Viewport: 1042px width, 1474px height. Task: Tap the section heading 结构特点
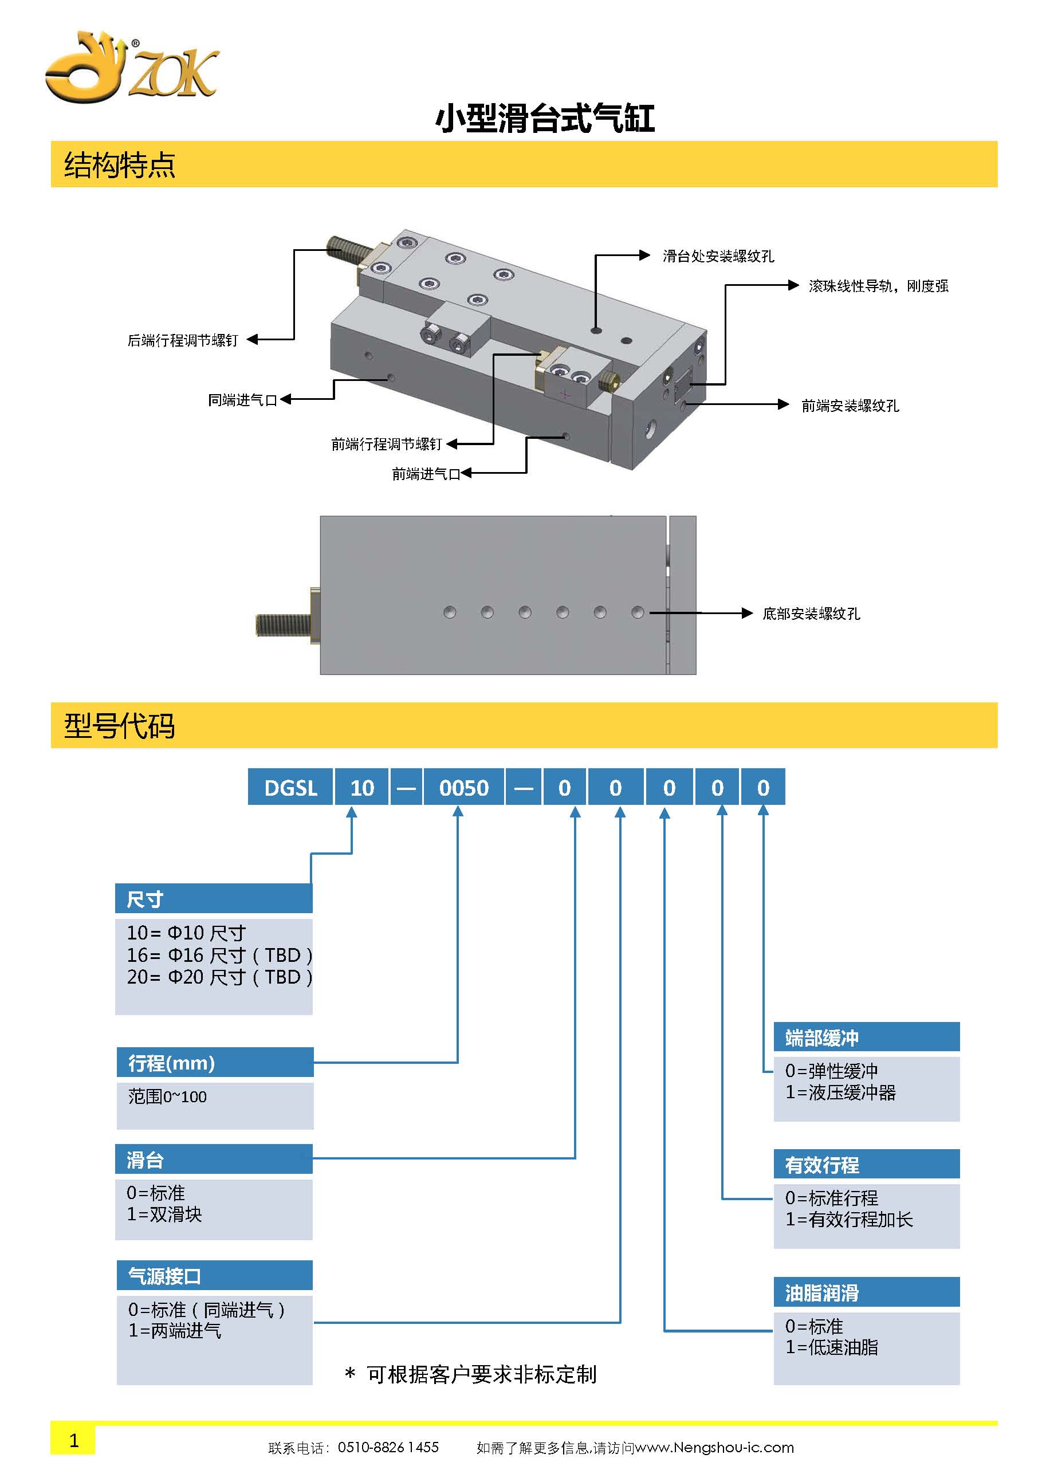(119, 165)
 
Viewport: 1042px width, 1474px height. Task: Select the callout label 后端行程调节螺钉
(183, 340)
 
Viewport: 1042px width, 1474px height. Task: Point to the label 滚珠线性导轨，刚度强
(878, 286)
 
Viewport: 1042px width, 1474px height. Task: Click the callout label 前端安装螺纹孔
(850, 406)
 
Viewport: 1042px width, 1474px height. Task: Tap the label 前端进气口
(426, 474)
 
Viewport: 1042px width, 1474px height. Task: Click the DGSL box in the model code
(291, 788)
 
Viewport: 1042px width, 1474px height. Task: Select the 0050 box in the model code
(463, 788)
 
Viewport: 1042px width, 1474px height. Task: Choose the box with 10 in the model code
(361, 788)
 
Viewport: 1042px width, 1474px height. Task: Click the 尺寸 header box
(214, 899)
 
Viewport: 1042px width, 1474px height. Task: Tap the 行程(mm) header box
(215, 1063)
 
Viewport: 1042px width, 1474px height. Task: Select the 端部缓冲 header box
(866, 1037)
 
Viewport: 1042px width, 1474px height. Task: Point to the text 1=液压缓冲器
(840, 1092)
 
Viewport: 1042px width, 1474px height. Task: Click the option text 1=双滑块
(164, 1214)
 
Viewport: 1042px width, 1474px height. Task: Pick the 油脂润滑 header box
(866, 1292)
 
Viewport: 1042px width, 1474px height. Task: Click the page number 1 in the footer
(74, 1441)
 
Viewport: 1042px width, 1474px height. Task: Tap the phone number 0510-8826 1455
(388, 1447)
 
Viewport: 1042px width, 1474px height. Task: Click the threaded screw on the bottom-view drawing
(283, 623)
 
